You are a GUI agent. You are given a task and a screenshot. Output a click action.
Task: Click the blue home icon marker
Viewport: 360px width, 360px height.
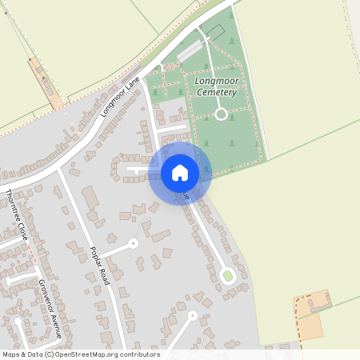pos(180,173)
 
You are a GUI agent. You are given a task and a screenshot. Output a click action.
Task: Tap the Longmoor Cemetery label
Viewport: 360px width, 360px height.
pos(216,86)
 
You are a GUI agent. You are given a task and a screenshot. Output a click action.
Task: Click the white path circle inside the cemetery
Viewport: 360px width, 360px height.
pos(221,114)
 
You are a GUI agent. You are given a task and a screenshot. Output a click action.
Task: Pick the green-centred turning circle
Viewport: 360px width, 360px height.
pos(227,277)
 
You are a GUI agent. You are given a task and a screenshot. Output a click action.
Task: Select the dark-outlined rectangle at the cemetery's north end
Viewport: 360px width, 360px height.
pos(214,33)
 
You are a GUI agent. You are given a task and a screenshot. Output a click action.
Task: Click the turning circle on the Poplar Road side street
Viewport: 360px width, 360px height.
pos(134,242)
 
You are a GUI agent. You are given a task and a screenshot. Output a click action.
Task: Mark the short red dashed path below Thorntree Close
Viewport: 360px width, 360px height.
pos(33,255)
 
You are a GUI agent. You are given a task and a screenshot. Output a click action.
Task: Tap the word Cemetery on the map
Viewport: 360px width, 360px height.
pos(216,93)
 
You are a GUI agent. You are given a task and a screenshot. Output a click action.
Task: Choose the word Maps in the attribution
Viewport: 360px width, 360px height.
pos(12,354)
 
